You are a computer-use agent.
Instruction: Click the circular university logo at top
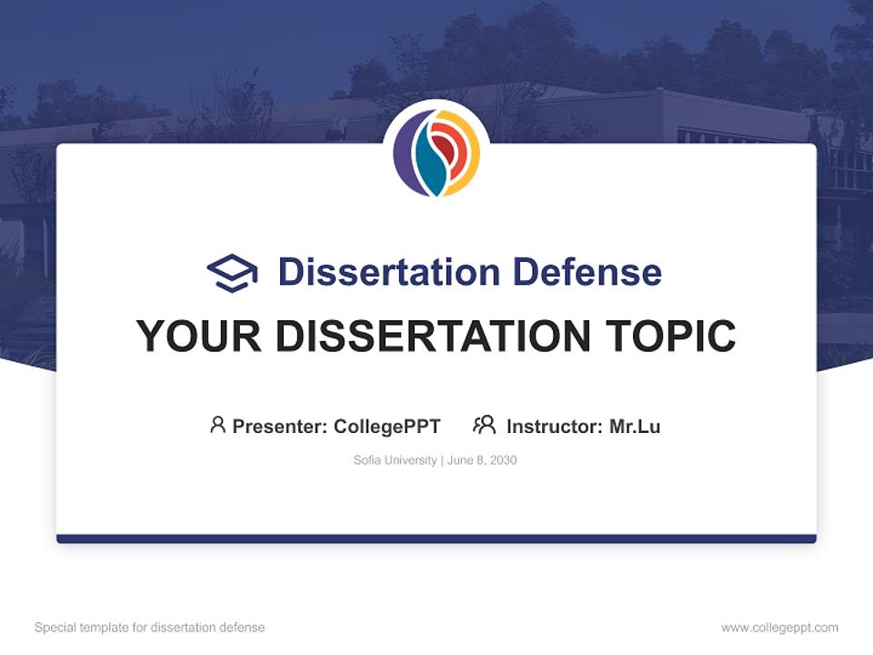coord(436,153)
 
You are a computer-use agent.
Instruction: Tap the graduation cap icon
coord(232,272)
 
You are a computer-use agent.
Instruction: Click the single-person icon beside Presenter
coord(217,425)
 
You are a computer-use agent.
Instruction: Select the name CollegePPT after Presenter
coord(387,427)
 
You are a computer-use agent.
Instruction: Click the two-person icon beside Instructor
coord(484,425)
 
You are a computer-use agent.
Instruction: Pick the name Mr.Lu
coord(635,427)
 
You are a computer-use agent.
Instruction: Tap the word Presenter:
coord(280,427)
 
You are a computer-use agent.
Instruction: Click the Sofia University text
coord(395,460)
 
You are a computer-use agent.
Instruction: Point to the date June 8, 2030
coord(482,460)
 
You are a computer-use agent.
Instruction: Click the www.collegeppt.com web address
coord(779,628)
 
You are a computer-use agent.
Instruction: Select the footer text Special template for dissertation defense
coord(150,628)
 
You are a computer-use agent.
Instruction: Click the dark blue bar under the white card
coord(436,539)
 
